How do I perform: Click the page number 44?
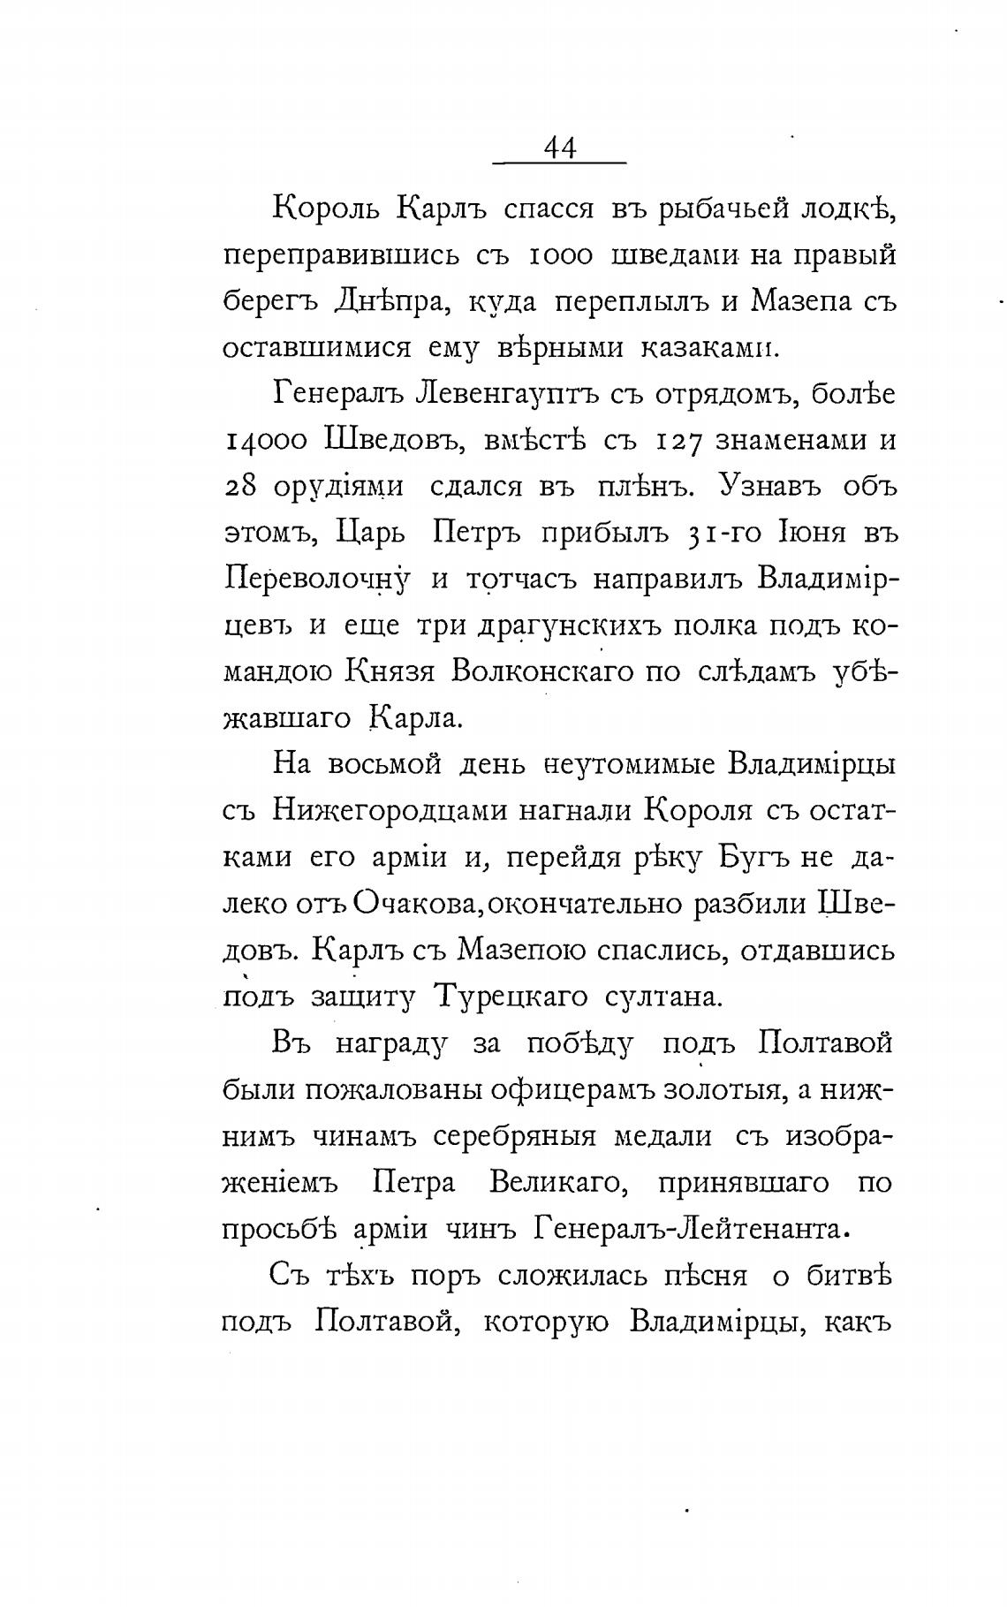pyautogui.click(x=560, y=148)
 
